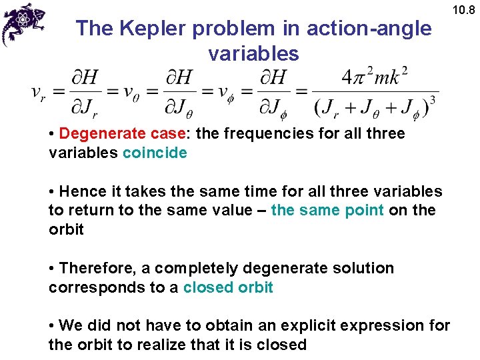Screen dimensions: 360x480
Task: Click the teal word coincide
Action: (155, 153)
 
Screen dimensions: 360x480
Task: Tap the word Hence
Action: (80, 191)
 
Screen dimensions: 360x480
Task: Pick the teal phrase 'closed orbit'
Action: (228, 287)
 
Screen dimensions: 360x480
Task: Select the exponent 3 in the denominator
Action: (433, 100)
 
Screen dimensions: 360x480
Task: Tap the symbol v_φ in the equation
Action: (230, 93)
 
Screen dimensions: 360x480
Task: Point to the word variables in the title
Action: (254, 53)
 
